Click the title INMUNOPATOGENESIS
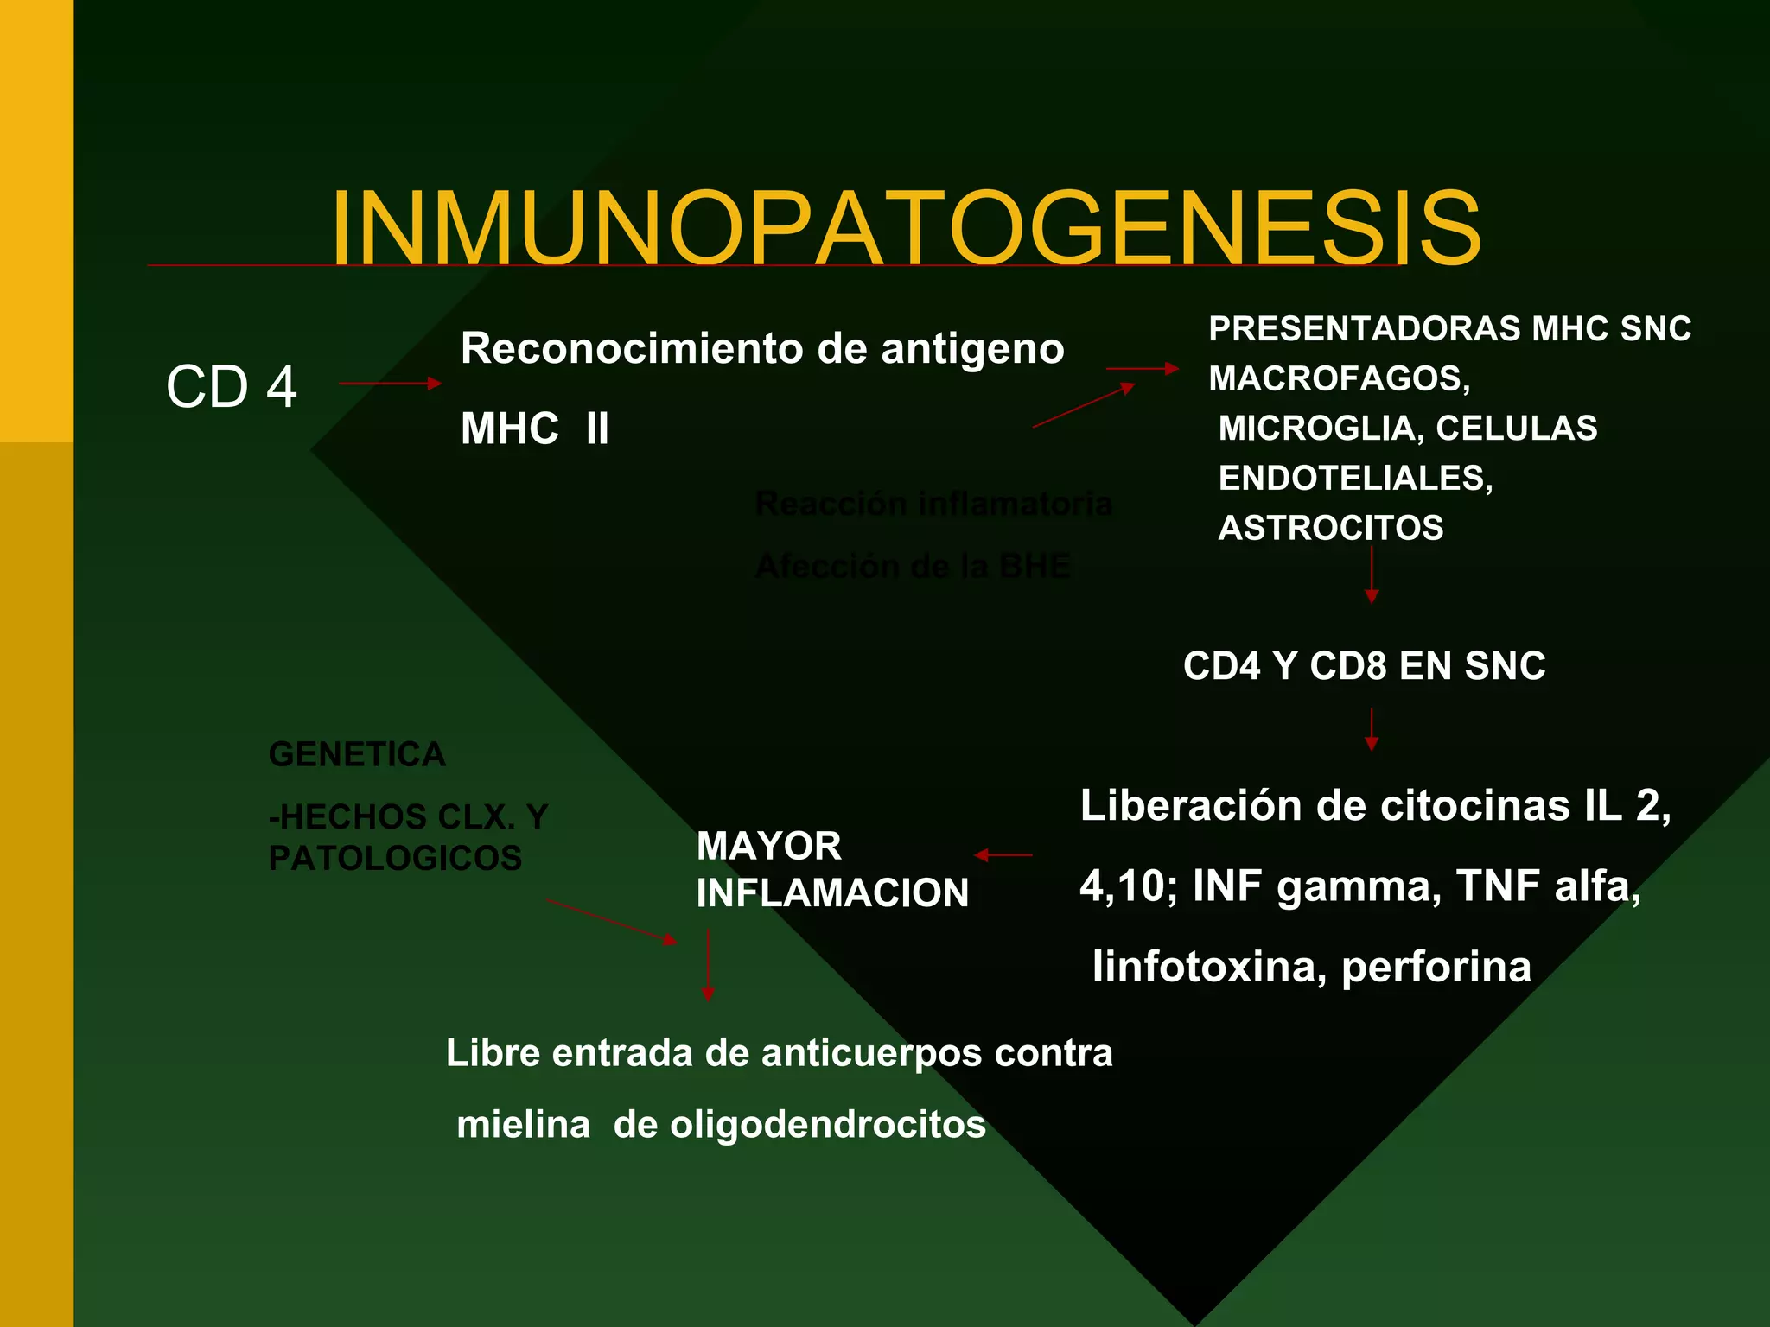[x=906, y=229]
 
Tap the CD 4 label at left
[x=232, y=386]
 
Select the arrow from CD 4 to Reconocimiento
[x=390, y=383]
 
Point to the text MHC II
[x=535, y=429]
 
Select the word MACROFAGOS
[x=1338, y=378]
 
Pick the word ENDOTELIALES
[x=1354, y=478]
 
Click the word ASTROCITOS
[x=1331, y=528]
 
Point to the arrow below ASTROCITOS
[x=1371, y=575]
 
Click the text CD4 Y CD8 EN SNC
[x=1364, y=666]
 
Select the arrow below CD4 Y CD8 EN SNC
[x=1371, y=729]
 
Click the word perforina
[x=1436, y=966]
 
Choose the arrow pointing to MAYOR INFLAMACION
[x=1003, y=854]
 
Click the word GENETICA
[x=357, y=754]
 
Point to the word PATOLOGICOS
[x=395, y=858]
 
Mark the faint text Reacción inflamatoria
[x=933, y=504]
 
